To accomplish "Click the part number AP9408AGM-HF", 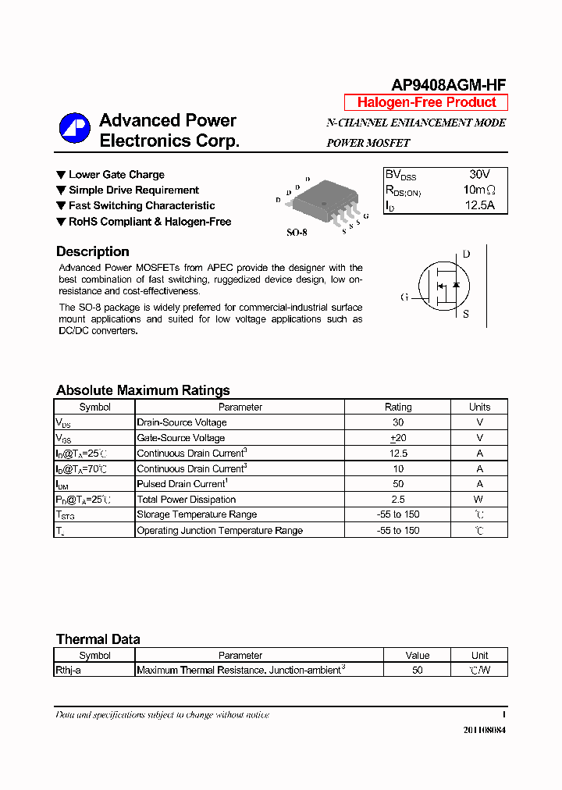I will pos(448,86).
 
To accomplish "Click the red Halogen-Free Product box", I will pos(426,102).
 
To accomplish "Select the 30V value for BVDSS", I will pos(479,175).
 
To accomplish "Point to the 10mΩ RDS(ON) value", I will pos(479,190).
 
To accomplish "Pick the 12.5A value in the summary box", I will pos(479,206).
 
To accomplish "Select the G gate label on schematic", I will pos(404,297).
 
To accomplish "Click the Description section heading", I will pos(93,251).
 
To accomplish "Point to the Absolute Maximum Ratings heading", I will pos(143,390).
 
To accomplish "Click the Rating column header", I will pos(398,407).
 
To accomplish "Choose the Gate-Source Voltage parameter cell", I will pos(181,438).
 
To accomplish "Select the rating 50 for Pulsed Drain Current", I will pos(398,484).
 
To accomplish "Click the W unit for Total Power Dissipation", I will pos(478,500).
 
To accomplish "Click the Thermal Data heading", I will pos(98,639).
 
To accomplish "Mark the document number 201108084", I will pos(484,730).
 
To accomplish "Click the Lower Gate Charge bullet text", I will pos(116,175).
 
